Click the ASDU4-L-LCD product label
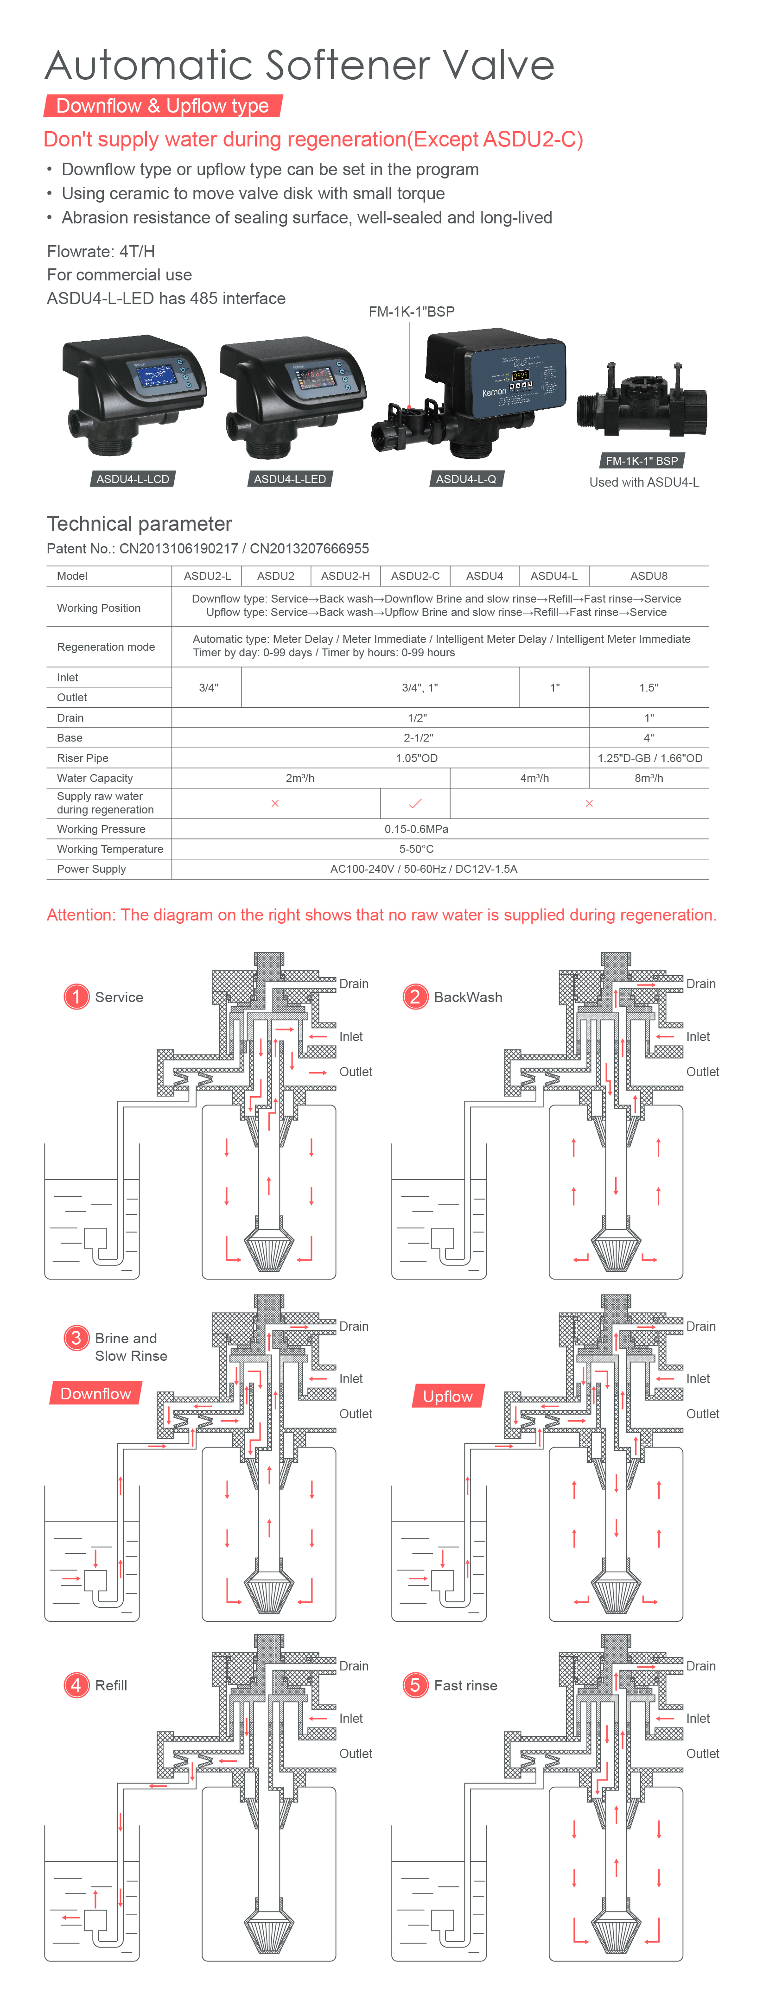coord(133,479)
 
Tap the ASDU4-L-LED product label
coord(290,479)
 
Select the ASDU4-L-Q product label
coord(466,479)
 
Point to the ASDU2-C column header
coord(415,576)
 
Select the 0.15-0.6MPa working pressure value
coord(416,829)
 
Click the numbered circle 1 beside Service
coord(76,996)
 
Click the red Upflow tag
coord(448,1396)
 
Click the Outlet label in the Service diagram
coord(356,1072)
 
